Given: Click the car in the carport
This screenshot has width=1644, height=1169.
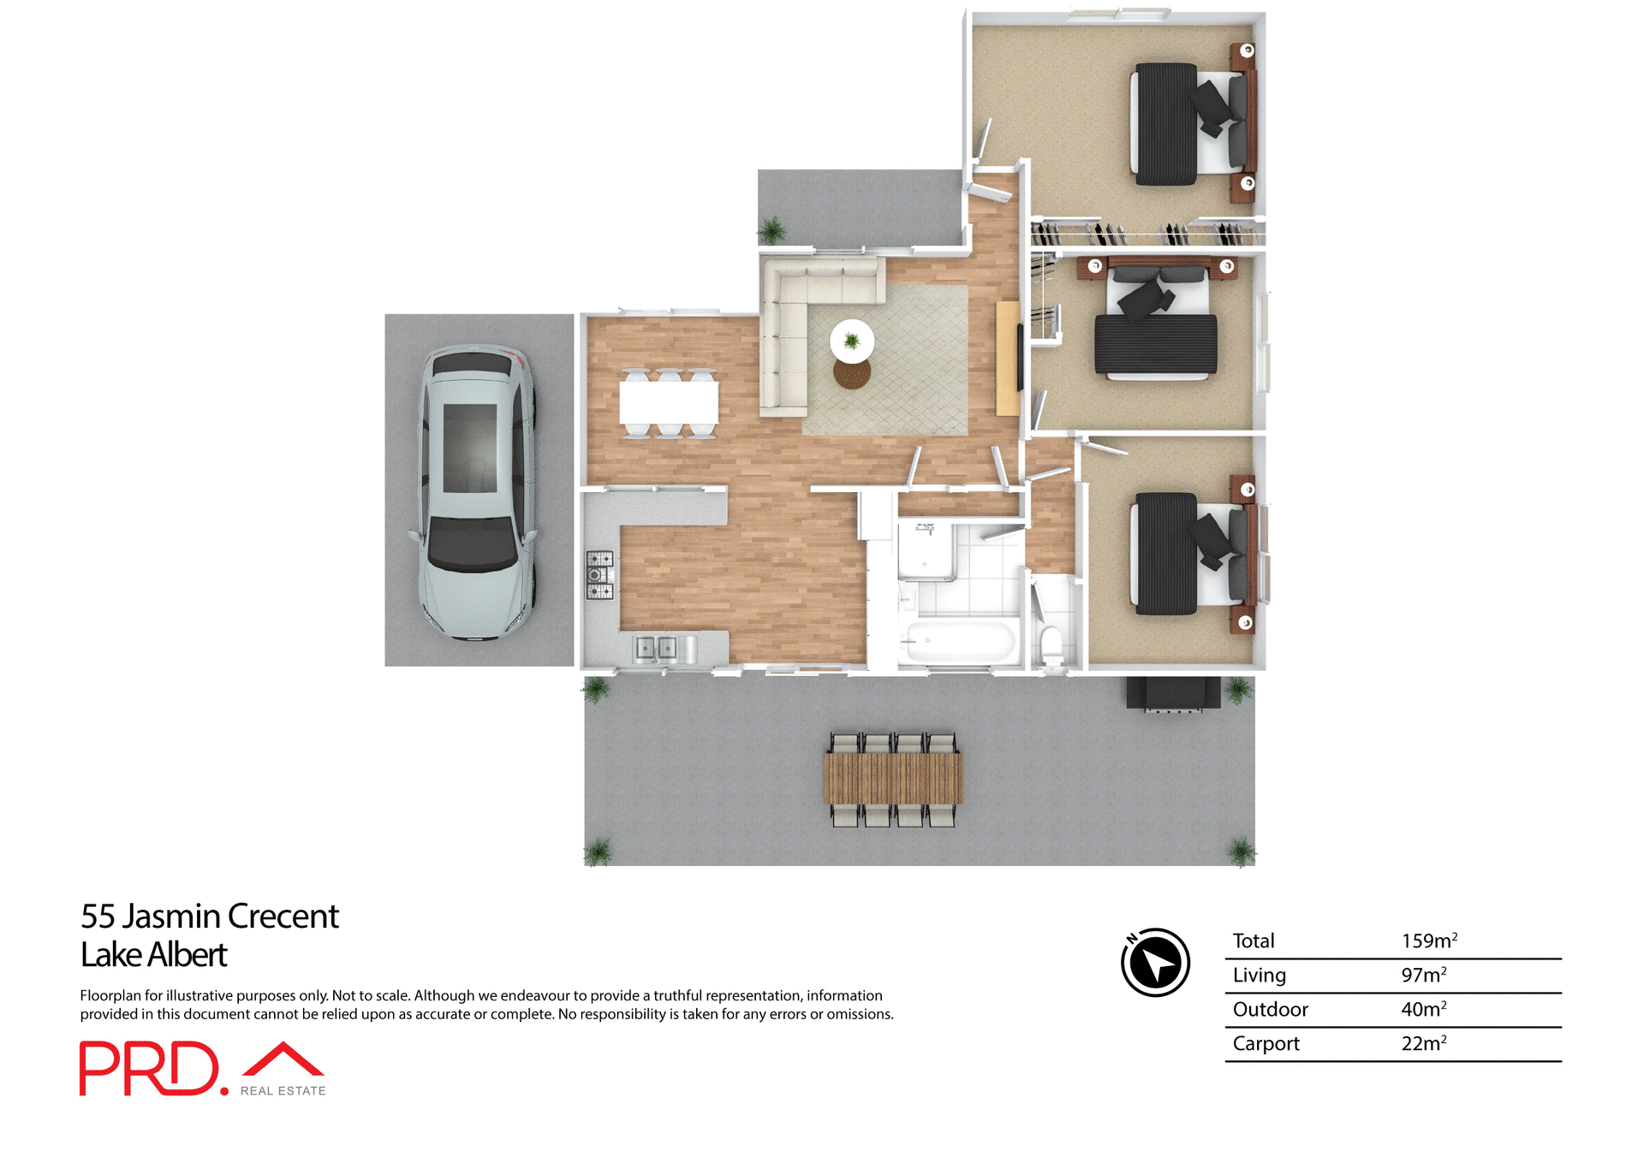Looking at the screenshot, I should pyautogui.click(x=477, y=492).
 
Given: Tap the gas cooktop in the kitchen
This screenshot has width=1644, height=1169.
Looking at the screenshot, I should pyautogui.click(x=599, y=574).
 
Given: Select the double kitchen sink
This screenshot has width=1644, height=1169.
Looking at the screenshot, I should pyautogui.click(x=656, y=648).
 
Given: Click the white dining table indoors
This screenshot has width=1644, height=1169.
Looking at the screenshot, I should pyautogui.click(x=669, y=402).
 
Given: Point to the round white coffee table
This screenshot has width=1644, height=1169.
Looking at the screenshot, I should pyautogui.click(x=852, y=341).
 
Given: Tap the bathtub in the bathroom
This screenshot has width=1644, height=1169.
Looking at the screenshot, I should pyautogui.click(x=960, y=640).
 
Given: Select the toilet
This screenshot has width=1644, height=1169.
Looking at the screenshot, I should pyautogui.click(x=1051, y=642).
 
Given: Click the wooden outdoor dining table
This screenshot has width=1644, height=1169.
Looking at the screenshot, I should pyautogui.click(x=893, y=778).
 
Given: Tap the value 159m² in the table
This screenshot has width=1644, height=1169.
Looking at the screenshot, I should pyautogui.click(x=1428, y=941).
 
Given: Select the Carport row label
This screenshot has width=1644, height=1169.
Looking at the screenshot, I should pyautogui.click(x=1266, y=1043).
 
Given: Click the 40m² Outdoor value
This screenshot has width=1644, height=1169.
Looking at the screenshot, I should pyautogui.click(x=1423, y=1009).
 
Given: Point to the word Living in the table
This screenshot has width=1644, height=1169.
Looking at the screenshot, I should pyautogui.click(x=1259, y=975).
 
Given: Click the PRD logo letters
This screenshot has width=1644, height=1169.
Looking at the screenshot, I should pyautogui.click(x=150, y=1068).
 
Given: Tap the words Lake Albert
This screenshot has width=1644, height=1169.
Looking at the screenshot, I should pyautogui.click(x=153, y=954).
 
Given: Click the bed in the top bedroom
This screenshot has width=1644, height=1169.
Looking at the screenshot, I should pyautogui.click(x=1190, y=124).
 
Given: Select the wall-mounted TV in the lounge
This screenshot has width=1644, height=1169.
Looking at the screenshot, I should pyautogui.click(x=1020, y=358).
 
